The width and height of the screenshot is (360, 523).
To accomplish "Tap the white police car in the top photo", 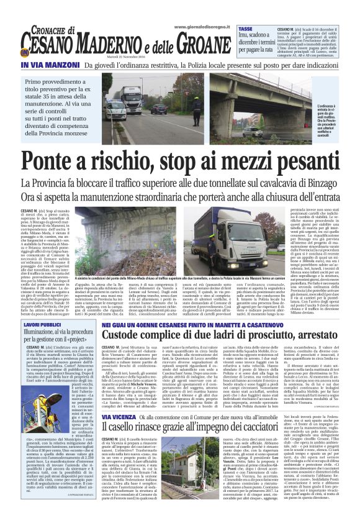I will (115, 111).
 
